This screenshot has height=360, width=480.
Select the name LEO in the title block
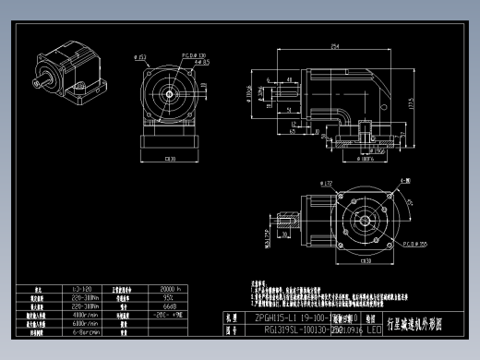click(x=373, y=328)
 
